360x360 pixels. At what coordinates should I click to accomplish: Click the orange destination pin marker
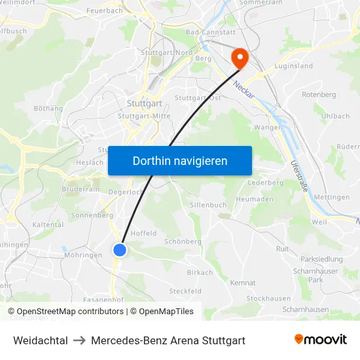tap(240, 58)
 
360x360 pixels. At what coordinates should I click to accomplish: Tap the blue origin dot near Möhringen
tap(120, 249)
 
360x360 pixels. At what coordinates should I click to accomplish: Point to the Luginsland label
tap(294, 66)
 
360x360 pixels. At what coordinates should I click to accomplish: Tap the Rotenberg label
tap(319, 95)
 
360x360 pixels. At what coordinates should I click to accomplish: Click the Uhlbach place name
tap(335, 116)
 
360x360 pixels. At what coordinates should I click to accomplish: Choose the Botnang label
tap(48, 109)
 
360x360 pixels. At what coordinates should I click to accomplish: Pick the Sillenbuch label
tap(207, 205)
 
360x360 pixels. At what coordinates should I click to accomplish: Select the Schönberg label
tap(183, 242)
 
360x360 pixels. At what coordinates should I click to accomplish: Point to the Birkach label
tap(200, 272)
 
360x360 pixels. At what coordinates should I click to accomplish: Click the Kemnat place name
tap(243, 283)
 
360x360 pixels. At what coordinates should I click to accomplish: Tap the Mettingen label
tap(331, 197)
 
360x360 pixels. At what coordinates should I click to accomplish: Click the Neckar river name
tap(243, 87)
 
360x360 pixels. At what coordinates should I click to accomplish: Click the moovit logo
tap(321, 340)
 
